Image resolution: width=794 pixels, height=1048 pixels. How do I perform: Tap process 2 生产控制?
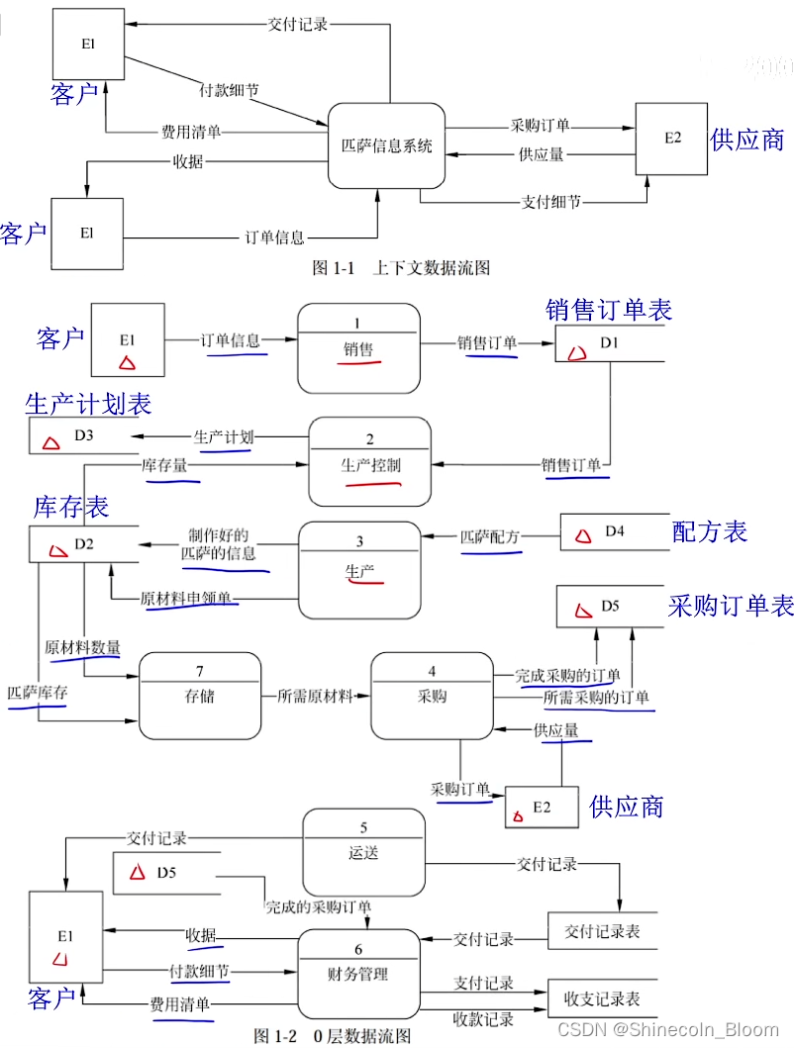[370, 460]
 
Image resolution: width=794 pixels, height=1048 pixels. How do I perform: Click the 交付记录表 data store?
[602, 931]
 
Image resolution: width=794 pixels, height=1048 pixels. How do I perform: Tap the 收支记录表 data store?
[602, 999]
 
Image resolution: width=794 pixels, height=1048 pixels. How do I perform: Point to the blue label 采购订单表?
[731, 606]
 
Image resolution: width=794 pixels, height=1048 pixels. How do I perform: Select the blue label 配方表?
[709, 531]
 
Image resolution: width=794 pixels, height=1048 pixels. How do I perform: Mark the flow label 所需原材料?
[316, 696]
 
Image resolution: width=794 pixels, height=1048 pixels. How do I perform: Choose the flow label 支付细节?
[551, 202]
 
